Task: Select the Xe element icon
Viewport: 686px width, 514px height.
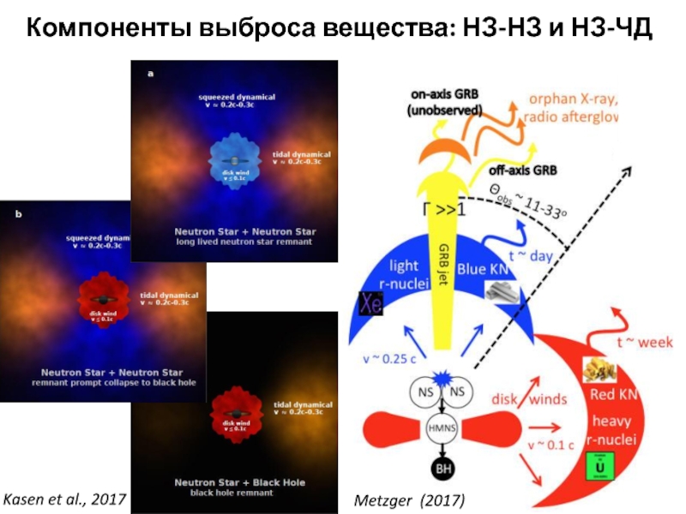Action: pos(370,304)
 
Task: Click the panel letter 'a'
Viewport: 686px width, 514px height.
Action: pos(151,74)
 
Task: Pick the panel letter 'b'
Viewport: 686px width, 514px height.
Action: pos(19,215)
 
